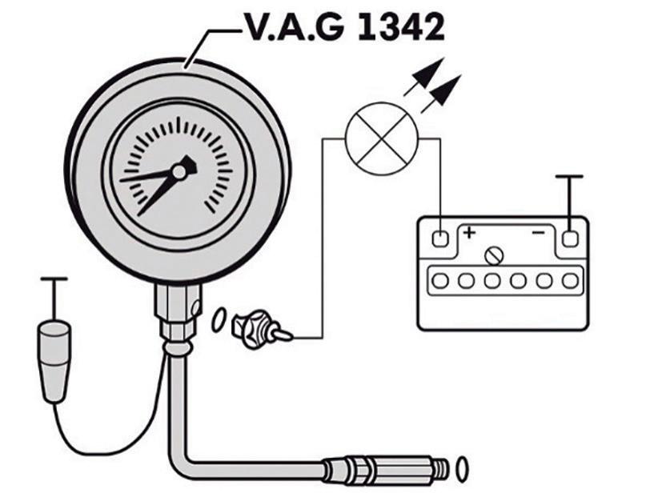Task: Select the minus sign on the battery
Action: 538,233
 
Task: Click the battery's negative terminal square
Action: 569,238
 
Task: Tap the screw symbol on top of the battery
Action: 495,256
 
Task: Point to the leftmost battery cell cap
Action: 439,281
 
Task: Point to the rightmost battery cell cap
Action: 569,281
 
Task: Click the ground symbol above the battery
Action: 569,177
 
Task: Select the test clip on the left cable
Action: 54,359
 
